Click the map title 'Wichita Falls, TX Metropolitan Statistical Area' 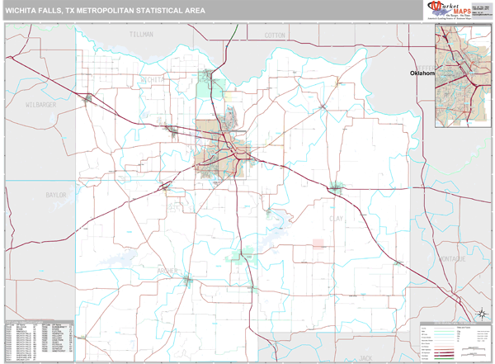pos(105,11)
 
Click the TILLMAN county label pos(142,35)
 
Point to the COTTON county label pos(275,36)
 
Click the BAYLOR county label pos(55,196)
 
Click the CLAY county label pos(357,220)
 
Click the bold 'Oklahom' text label pos(422,73)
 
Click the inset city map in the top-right pos(462,75)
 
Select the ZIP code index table pos(39,339)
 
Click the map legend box pos(454,339)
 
